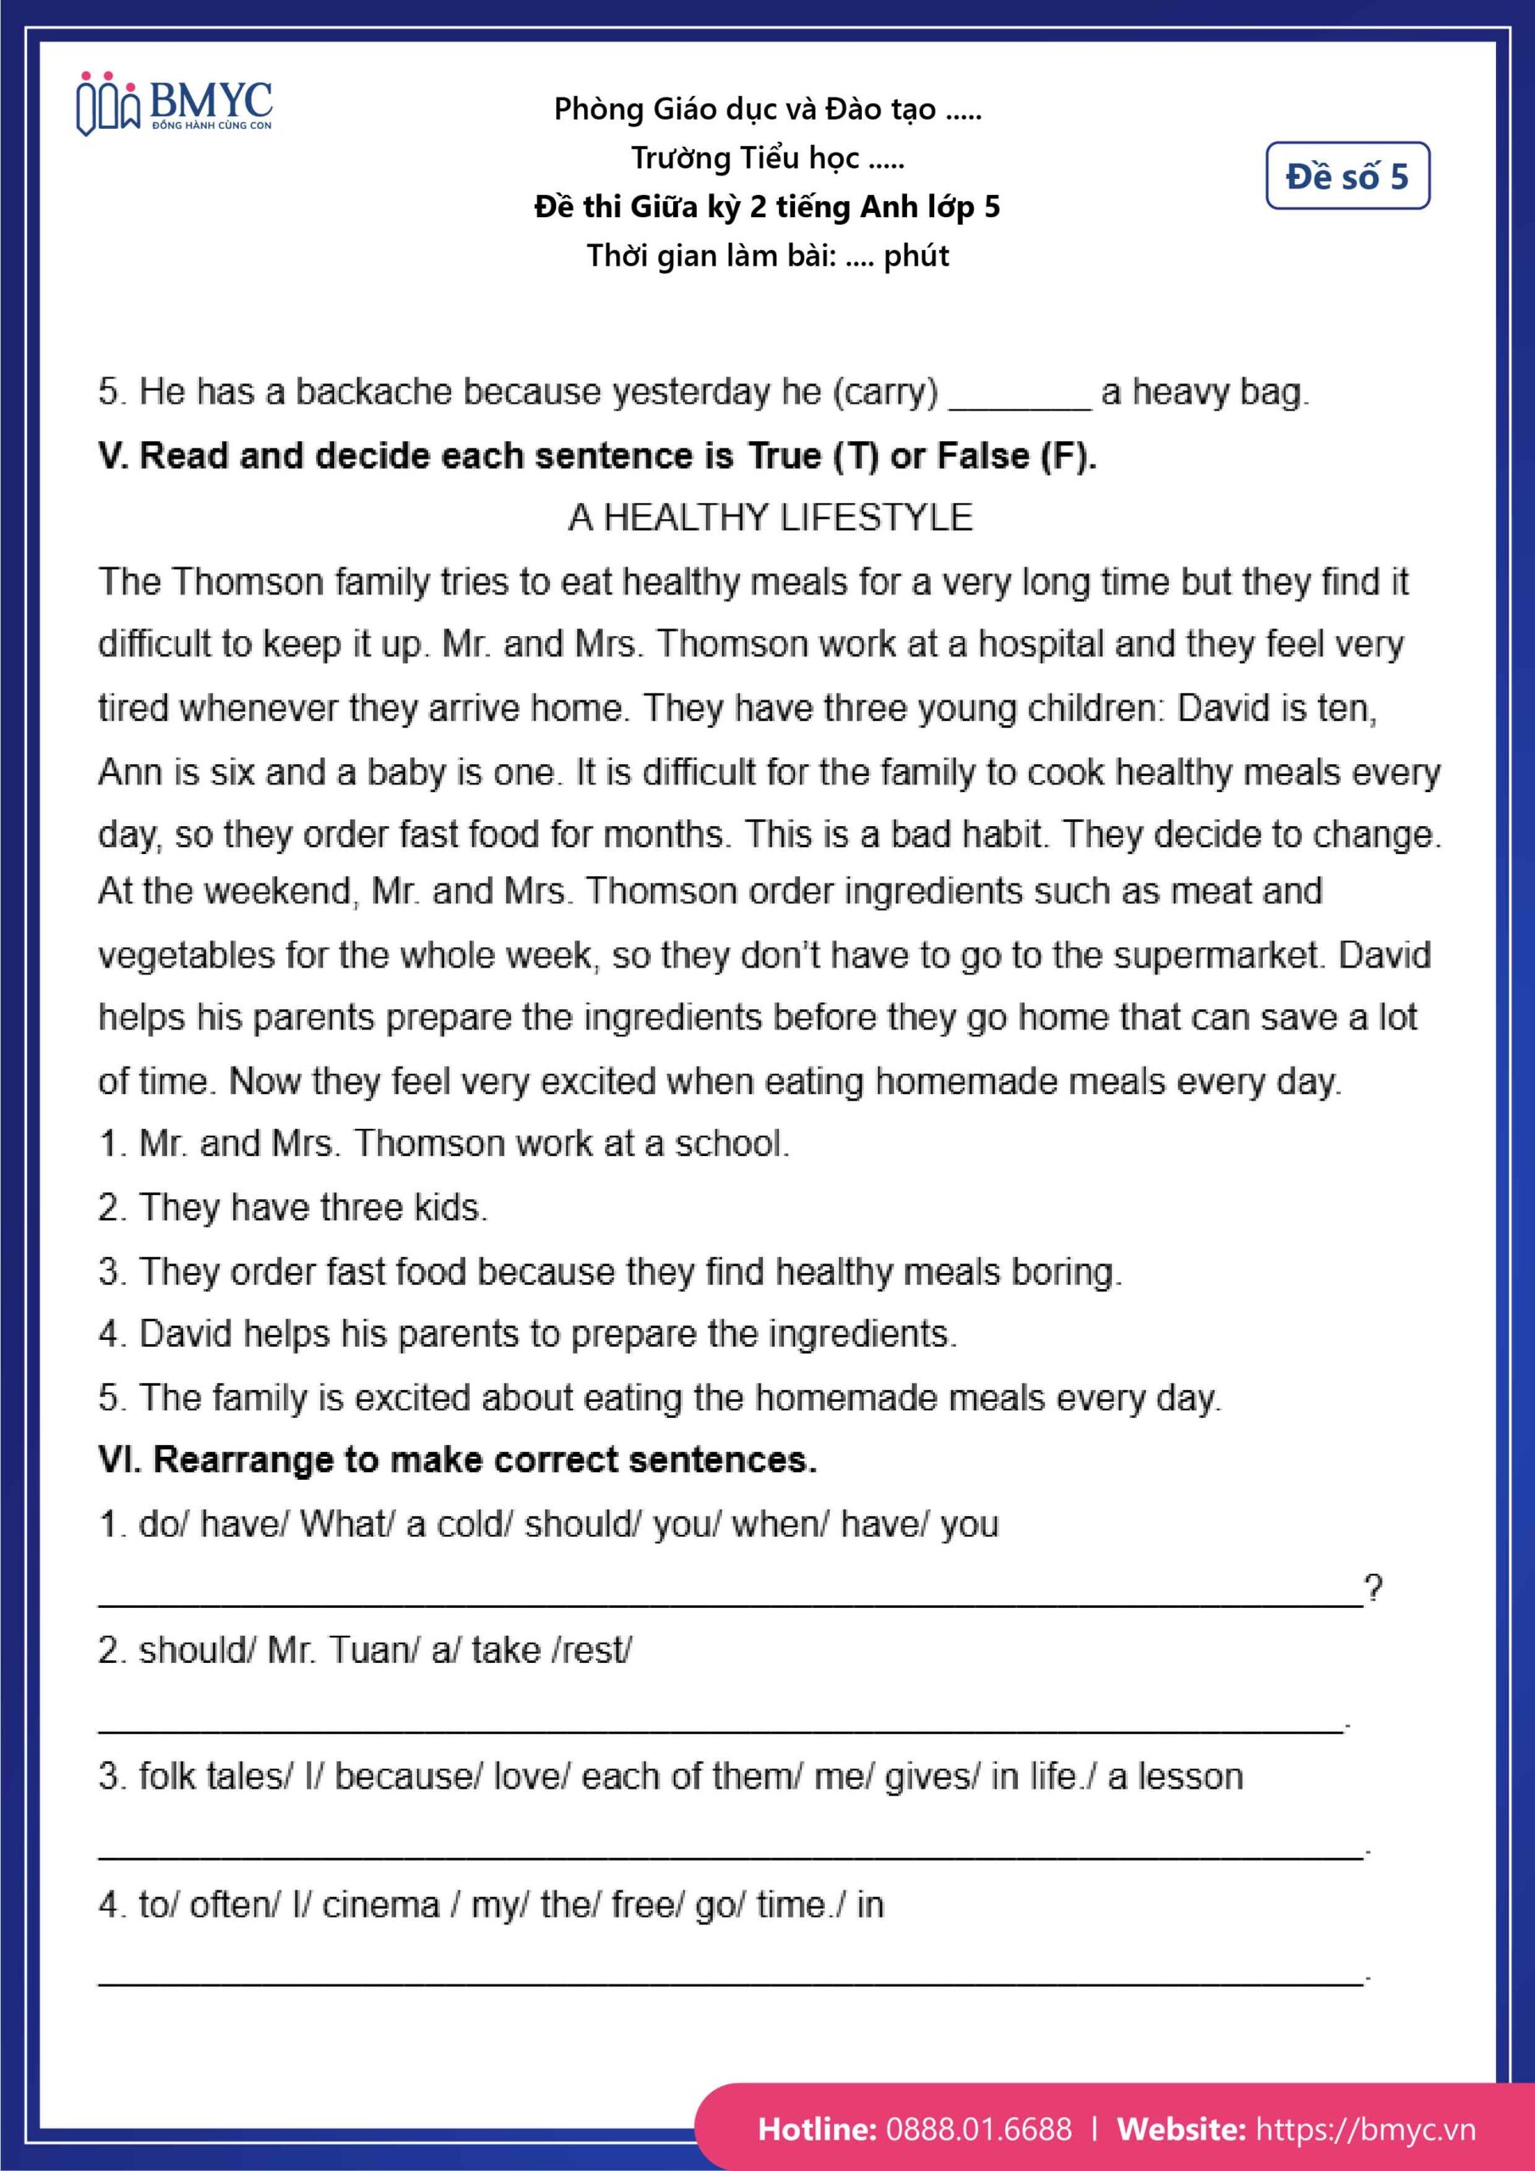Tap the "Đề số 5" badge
coord(1347,176)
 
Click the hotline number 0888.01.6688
coord(978,2129)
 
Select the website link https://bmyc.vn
coord(1364,2129)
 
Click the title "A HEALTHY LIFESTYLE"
coord(770,517)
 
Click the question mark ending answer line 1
coord(1372,1588)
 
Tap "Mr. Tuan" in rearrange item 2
coord(342,1650)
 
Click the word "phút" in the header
coord(916,256)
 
